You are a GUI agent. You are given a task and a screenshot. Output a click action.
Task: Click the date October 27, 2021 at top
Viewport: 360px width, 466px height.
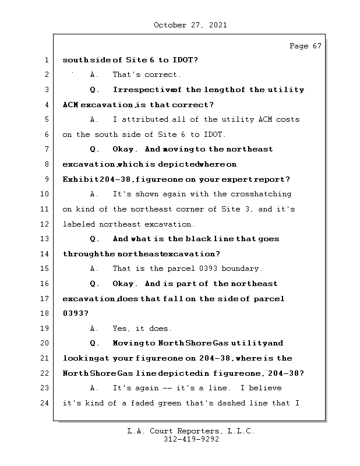click(190, 25)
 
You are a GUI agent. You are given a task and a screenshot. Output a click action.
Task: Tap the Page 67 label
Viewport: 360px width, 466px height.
click(305, 46)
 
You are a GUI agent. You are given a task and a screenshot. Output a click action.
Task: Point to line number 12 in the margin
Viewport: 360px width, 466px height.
click(45, 224)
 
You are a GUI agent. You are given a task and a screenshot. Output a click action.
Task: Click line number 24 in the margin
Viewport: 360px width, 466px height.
click(45, 403)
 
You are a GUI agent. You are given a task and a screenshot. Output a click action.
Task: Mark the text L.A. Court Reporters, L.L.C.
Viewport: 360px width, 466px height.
click(190, 431)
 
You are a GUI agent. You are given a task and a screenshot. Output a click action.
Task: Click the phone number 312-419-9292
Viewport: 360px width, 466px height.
click(191, 440)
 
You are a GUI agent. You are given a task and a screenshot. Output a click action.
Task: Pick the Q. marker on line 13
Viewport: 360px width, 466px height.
click(95, 239)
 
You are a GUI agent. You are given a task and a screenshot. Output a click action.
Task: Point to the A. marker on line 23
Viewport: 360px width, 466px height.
click(94, 388)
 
